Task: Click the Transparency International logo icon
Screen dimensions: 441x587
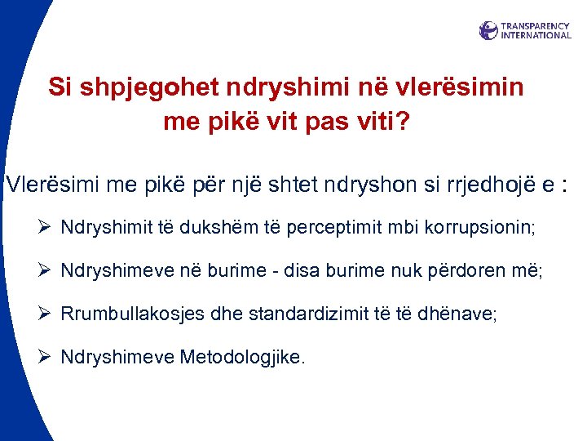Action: coord(488,31)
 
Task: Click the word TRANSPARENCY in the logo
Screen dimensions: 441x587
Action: coord(536,26)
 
